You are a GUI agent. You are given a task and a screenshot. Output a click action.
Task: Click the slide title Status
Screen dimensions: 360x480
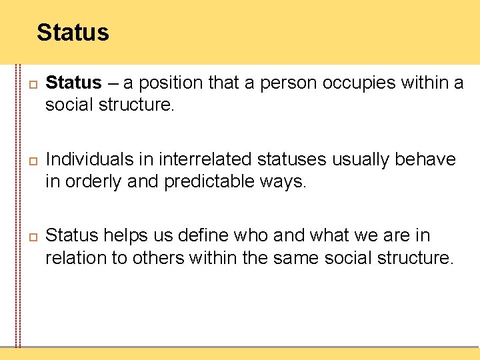coord(73,32)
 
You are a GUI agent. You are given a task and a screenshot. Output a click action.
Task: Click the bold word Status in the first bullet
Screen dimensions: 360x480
coord(73,83)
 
